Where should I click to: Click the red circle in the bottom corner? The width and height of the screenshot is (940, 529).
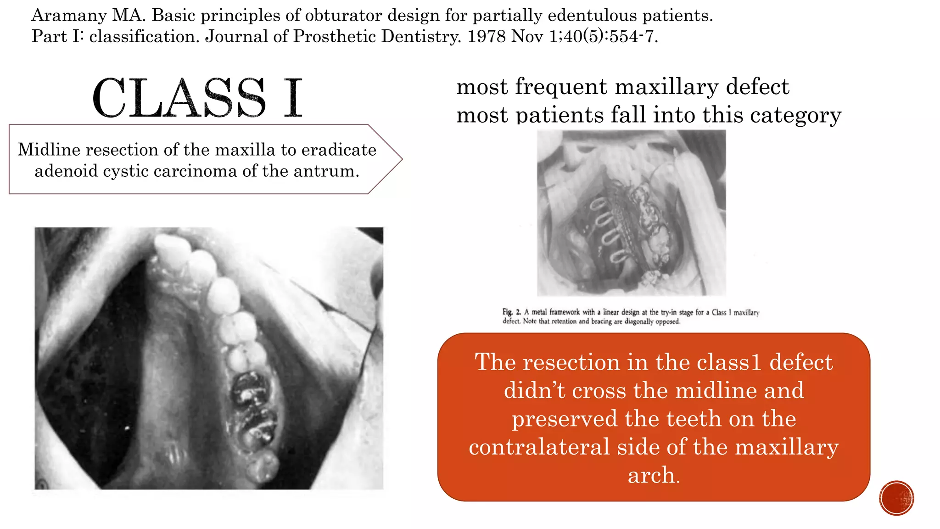pos(896,498)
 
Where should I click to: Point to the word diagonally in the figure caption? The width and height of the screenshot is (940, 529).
pos(638,321)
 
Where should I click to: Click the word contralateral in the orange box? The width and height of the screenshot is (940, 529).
pos(539,447)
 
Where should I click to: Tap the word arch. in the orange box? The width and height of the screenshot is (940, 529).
pos(654,475)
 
